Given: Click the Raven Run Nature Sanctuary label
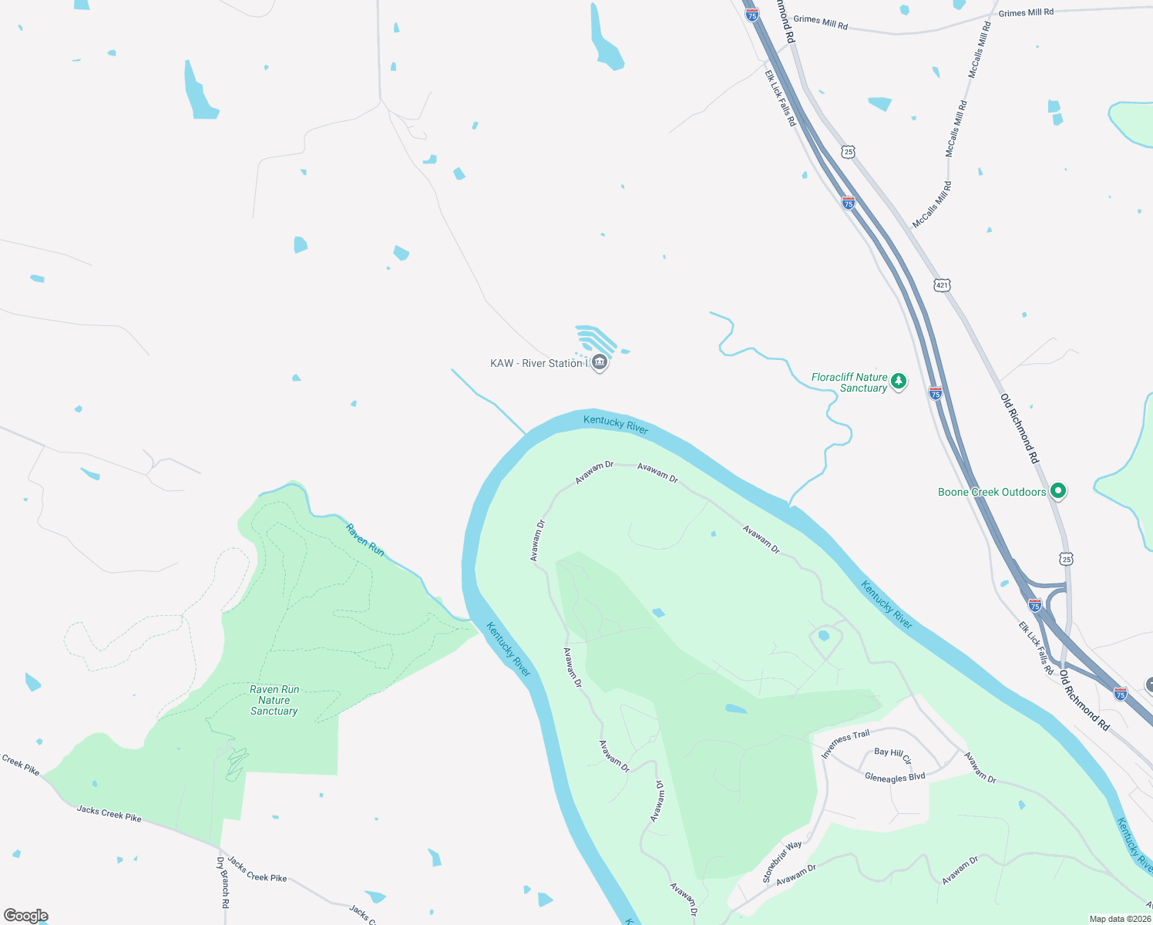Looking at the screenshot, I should pyautogui.click(x=274, y=700).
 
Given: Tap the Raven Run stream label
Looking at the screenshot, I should pyautogui.click(x=365, y=540).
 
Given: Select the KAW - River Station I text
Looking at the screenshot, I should pyautogui.click(x=538, y=363).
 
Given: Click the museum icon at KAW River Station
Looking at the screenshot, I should pyautogui.click(x=600, y=362).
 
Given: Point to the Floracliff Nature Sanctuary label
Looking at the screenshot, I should pyautogui.click(x=849, y=382).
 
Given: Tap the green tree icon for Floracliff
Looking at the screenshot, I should pyautogui.click(x=898, y=381).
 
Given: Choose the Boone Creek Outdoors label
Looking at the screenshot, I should pyautogui.click(x=992, y=492).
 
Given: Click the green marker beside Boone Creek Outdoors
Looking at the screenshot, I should pyautogui.click(x=1058, y=490).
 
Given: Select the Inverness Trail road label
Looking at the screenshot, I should pyautogui.click(x=845, y=744).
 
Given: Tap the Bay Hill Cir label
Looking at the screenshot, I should pyautogui.click(x=892, y=755).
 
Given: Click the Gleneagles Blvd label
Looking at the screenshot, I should pyautogui.click(x=895, y=778).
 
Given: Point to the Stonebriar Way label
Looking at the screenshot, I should pyautogui.click(x=782, y=862).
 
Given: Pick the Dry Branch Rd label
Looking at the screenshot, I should pyautogui.click(x=223, y=883).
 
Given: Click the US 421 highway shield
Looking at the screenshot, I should pyautogui.click(x=942, y=285).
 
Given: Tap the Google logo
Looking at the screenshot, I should pyautogui.click(x=26, y=916).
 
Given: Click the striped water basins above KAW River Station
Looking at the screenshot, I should pyautogui.click(x=597, y=339).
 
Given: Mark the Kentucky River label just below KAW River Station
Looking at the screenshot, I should pyautogui.click(x=616, y=424).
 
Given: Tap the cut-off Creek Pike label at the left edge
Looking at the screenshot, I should pyautogui.click(x=20, y=765).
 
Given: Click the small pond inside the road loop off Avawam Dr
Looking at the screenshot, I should pyautogui.click(x=823, y=636).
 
